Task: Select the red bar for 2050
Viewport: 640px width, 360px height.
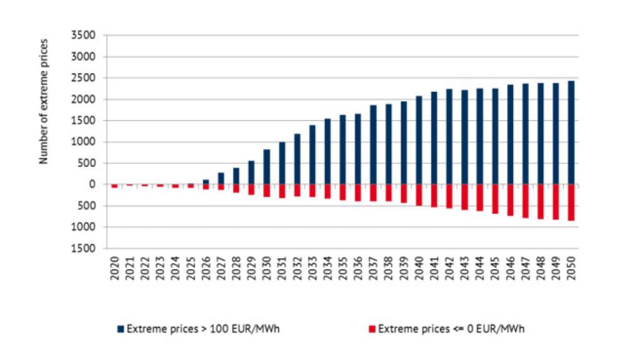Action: click(571, 202)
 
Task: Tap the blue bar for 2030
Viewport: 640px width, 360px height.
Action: click(267, 167)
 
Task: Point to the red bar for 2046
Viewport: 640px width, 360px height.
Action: click(511, 200)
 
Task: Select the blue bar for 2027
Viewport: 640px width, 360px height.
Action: click(221, 179)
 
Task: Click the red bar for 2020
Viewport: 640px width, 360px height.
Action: click(115, 186)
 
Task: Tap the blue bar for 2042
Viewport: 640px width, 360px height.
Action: click(449, 137)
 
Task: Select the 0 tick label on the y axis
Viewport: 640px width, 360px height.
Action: click(91, 184)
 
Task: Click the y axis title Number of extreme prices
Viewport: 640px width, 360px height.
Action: click(44, 102)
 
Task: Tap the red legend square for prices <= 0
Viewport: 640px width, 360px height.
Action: click(372, 328)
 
